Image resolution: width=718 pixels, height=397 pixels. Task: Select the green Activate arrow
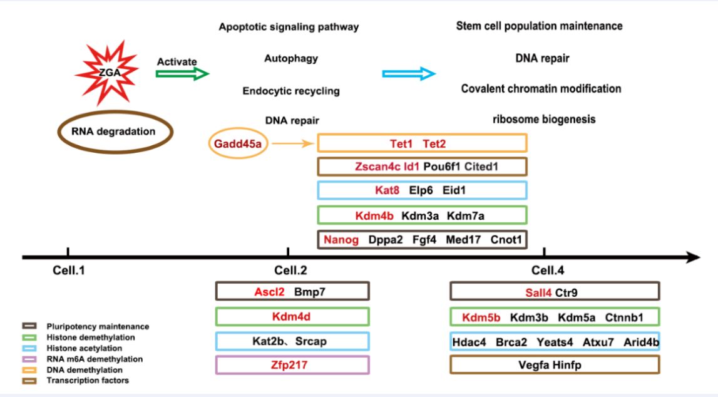tap(182, 74)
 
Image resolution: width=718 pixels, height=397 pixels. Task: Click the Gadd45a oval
tap(237, 143)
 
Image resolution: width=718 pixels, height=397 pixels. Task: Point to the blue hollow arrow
tap(409, 74)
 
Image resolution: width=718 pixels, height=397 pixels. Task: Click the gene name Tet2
tap(435, 143)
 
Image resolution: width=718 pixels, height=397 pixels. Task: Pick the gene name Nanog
tap(341, 239)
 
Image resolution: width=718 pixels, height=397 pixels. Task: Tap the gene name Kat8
tap(387, 190)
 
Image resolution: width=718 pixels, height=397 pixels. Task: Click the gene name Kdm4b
tap(374, 215)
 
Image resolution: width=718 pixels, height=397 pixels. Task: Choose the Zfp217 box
tap(292, 364)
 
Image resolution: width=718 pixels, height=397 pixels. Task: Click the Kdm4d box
tap(292, 316)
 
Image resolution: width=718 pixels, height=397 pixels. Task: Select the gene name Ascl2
tap(269, 291)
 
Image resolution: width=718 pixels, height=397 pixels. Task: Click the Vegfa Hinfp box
tap(555, 364)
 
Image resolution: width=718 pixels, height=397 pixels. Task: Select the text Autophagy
tap(291, 58)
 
